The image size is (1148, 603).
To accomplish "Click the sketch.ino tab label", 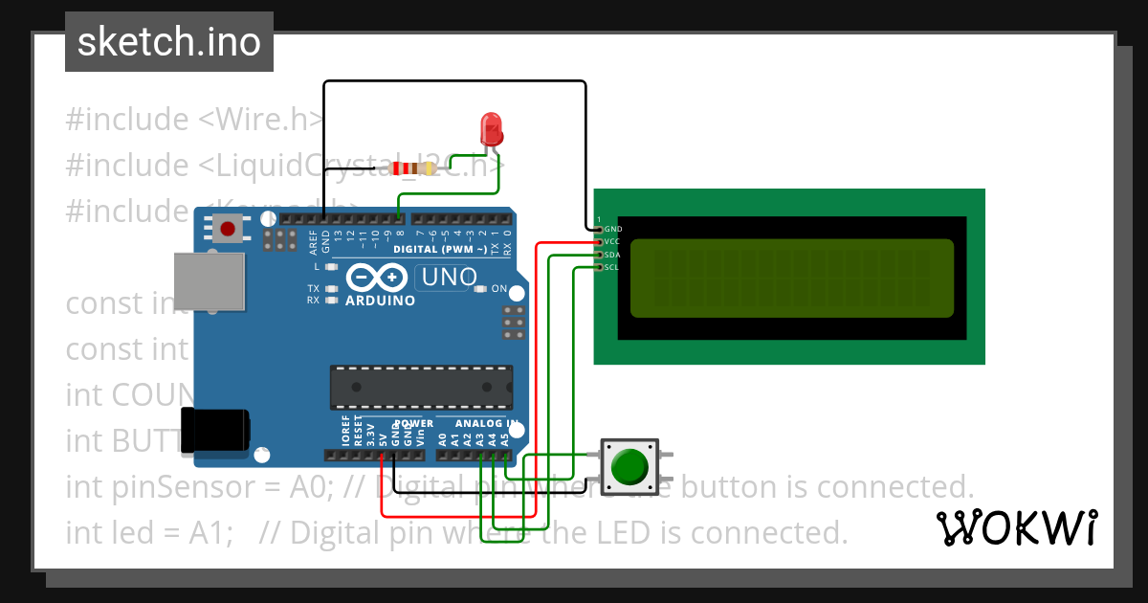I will tap(168, 42).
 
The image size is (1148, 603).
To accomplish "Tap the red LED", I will tap(491, 128).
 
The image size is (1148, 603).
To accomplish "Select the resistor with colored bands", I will tap(411, 169).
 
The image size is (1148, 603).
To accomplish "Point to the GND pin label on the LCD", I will tap(613, 230).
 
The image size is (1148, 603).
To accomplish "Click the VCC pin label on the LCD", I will tap(613, 242).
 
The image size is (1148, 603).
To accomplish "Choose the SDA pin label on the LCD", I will tap(613, 255).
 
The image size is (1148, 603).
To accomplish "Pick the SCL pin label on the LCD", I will tap(613, 267).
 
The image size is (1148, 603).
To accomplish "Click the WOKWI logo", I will tap(1016, 527).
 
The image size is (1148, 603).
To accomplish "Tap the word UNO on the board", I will tap(447, 278).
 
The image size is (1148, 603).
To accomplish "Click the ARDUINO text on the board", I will tap(380, 301).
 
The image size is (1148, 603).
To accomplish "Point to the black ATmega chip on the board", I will tap(420, 386).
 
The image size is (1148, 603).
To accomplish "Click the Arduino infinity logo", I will tap(377, 277).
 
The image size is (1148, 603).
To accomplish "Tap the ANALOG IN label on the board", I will tap(488, 423).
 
